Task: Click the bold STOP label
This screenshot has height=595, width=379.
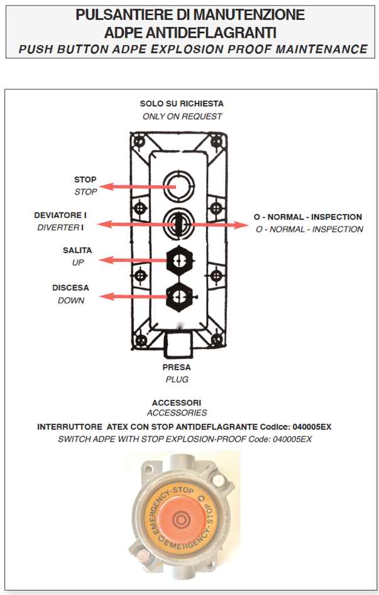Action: pos(85,180)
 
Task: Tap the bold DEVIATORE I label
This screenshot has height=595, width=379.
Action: pos(60,215)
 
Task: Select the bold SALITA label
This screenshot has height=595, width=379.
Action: pos(77,250)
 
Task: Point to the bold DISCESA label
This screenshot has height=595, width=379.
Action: pos(70,288)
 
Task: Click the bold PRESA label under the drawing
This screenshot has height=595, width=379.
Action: pos(177,367)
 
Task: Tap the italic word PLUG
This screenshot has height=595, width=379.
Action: pos(177,379)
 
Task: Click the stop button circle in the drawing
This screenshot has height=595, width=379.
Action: pos(178,183)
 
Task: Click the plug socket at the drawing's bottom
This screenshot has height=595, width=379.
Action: pos(178,343)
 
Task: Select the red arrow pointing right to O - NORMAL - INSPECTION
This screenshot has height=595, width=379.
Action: pos(214,224)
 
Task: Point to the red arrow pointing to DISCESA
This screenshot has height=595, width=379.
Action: pos(135,296)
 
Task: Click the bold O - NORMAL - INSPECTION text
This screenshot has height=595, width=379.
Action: pos(308,217)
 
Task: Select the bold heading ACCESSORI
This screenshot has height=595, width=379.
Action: pos(177,402)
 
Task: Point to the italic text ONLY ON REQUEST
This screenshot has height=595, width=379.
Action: pos(182,116)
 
